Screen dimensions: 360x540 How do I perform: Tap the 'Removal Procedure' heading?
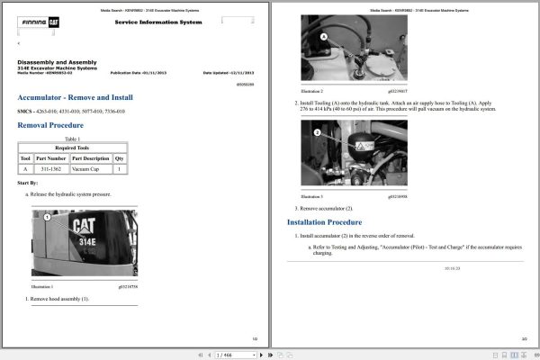click(x=50, y=125)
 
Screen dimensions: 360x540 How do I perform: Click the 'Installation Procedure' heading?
click(x=324, y=221)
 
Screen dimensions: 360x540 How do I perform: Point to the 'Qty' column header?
click(x=120, y=158)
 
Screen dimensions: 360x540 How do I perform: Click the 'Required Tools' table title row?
click(x=73, y=148)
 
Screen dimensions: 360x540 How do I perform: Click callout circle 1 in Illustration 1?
click(x=47, y=217)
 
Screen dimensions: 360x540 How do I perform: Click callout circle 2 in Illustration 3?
click(x=317, y=132)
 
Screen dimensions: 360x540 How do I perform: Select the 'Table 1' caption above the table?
click(x=73, y=139)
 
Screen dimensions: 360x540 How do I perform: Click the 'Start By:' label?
click(x=27, y=183)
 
